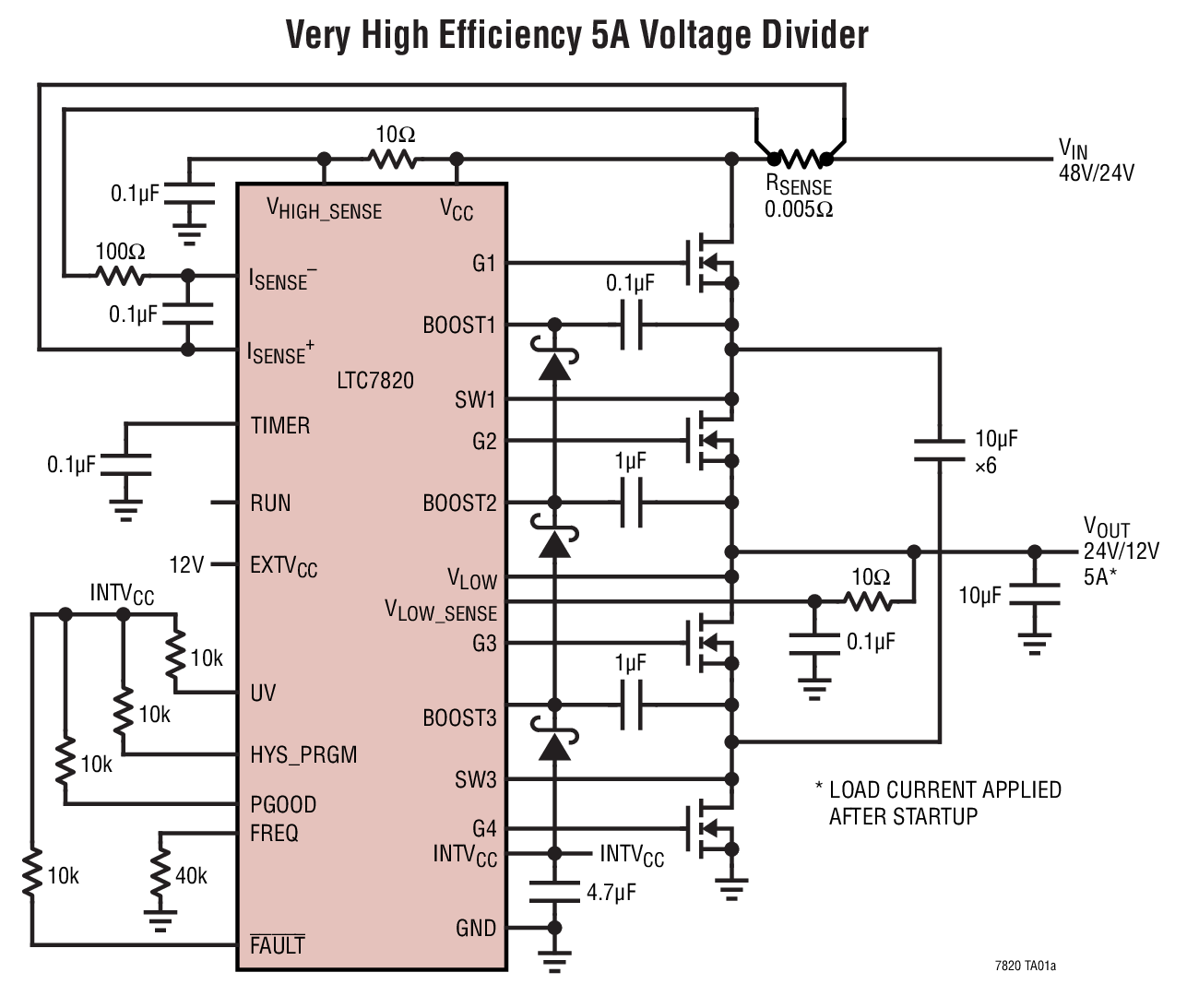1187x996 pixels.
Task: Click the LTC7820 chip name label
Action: (x=375, y=380)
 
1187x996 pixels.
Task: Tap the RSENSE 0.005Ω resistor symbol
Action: (x=799, y=159)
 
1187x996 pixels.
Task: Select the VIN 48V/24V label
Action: (x=1095, y=160)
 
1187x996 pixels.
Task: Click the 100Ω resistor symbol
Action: (x=120, y=275)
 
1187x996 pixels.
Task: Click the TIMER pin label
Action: (x=280, y=425)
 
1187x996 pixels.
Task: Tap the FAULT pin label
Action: (x=277, y=945)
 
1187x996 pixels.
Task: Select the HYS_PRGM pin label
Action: (x=303, y=755)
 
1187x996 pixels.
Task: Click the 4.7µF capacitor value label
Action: (x=611, y=892)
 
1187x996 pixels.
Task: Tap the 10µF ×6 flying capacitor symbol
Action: (x=940, y=451)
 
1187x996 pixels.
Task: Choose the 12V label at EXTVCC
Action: (x=186, y=564)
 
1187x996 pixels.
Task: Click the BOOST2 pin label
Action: (x=459, y=503)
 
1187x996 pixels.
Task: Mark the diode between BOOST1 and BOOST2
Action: (x=554, y=366)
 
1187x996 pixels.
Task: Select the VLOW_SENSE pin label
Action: (x=441, y=612)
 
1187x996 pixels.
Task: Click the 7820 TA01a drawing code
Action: (x=1026, y=966)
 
